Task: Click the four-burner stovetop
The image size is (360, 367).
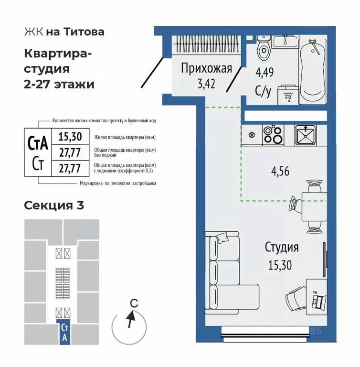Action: [x=273, y=134]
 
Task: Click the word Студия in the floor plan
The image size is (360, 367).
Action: [x=282, y=247]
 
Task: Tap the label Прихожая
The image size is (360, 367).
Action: [x=206, y=69]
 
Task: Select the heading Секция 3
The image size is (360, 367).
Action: [x=54, y=205]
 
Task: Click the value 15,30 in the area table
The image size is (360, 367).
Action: [x=70, y=137]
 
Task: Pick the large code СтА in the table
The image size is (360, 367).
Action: [x=38, y=143]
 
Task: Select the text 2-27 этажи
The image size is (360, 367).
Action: [x=59, y=84]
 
